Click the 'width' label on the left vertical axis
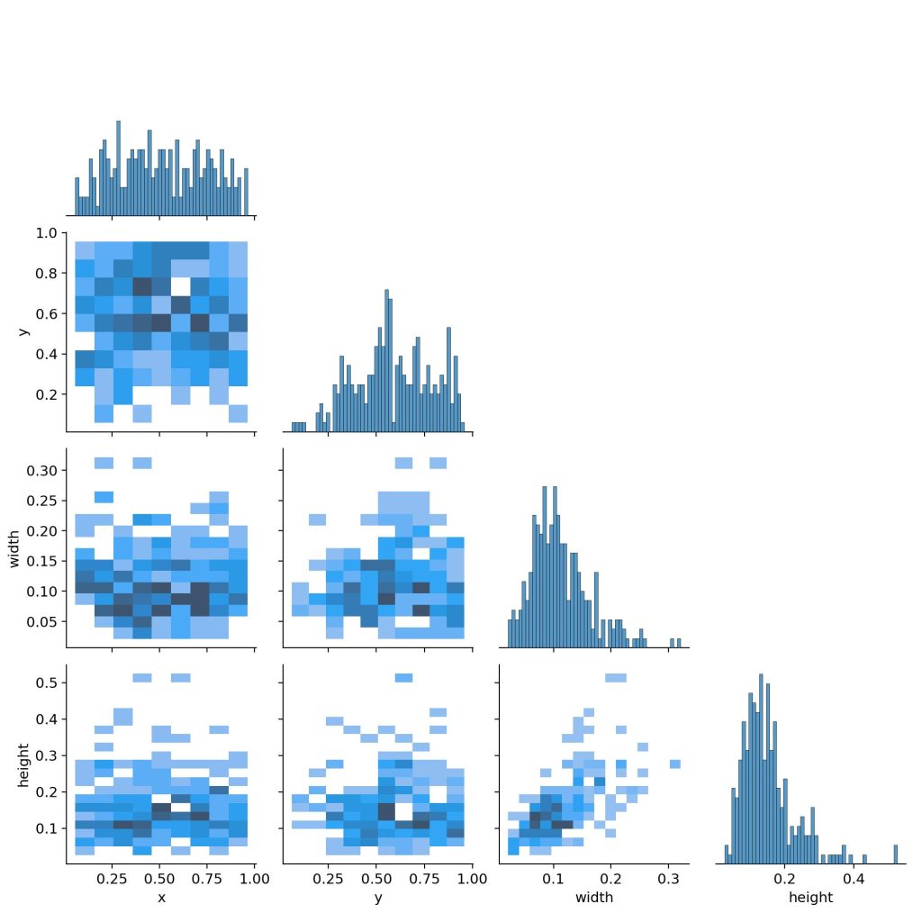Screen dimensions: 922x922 click(15, 547)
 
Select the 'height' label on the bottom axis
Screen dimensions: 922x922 click(810, 898)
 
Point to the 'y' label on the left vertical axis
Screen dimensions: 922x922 click(23, 331)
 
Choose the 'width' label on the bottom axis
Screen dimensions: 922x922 click(593, 898)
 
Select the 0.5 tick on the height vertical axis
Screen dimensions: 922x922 click(47, 682)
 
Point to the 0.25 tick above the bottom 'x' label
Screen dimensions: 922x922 click(112, 879)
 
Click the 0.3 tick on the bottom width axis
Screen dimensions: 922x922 click(668, 879)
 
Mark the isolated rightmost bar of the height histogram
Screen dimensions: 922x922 click(896, 854)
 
